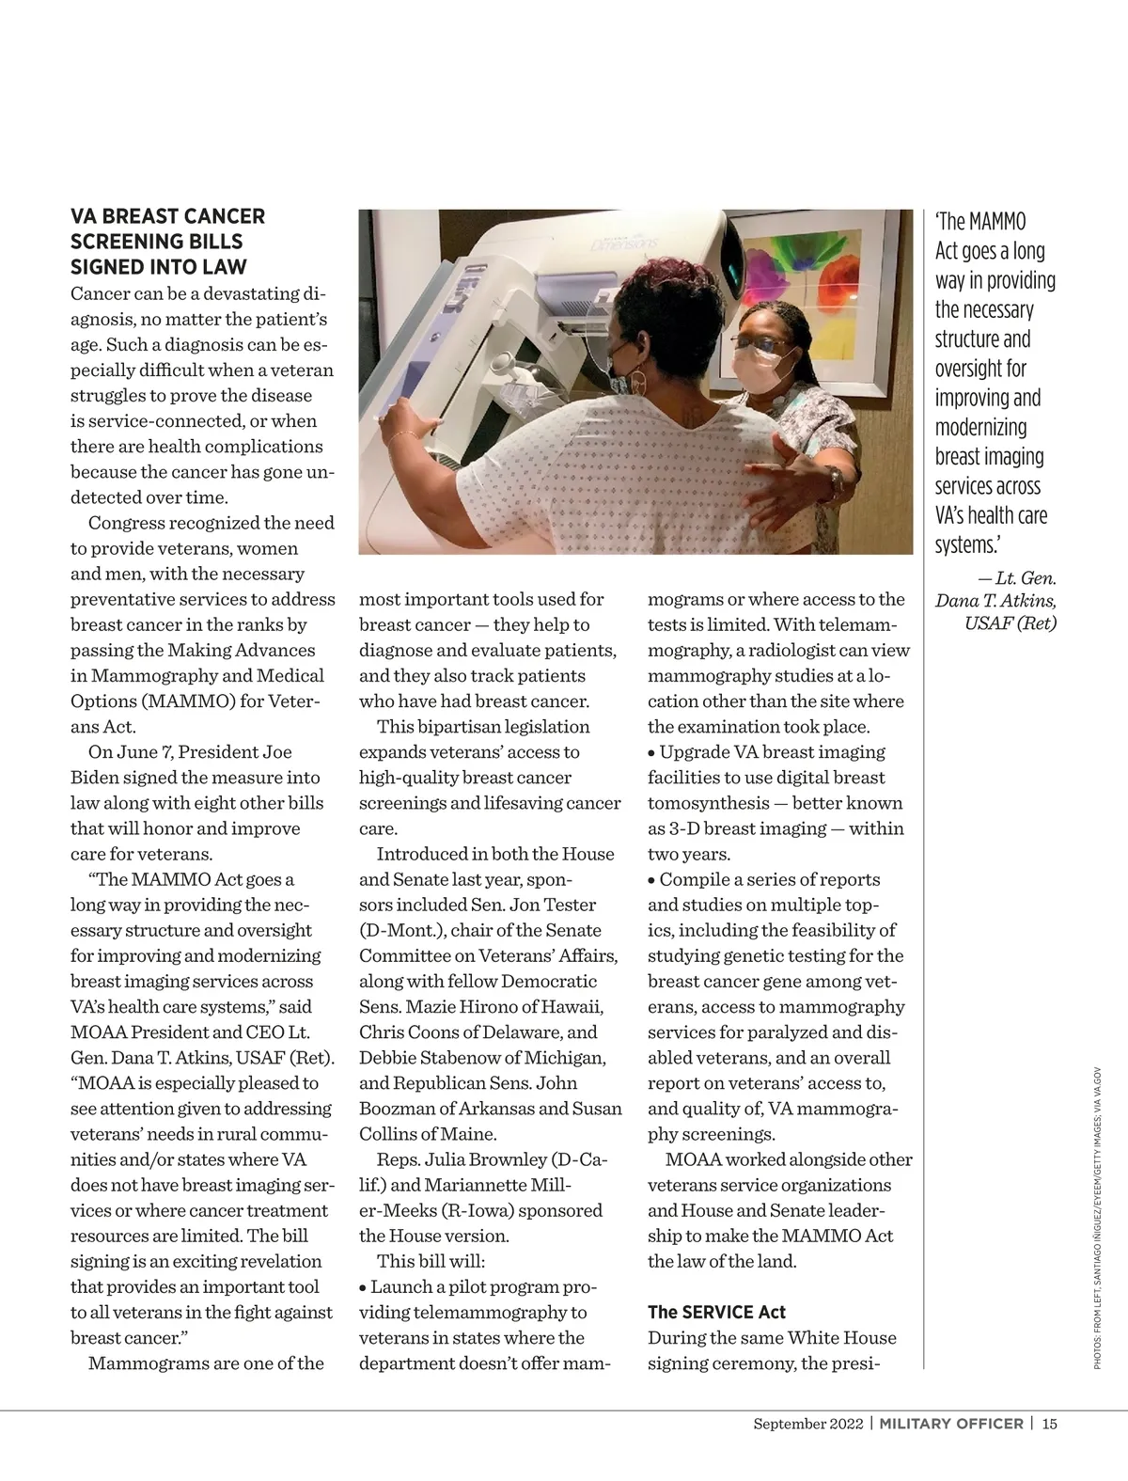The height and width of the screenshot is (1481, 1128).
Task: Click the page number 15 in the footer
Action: coord(1049,1423)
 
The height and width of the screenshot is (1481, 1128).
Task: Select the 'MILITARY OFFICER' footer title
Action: coord(950,1423)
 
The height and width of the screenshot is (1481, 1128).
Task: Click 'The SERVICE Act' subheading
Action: coord(716,1312)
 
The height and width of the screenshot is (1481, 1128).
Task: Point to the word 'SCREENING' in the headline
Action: coord(121,242)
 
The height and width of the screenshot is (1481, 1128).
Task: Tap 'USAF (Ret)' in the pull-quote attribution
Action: coord(1010,622)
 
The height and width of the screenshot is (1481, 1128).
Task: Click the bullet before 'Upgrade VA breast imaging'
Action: coord(652,753)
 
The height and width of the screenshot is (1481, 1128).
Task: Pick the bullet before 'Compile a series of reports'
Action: coord(652,880)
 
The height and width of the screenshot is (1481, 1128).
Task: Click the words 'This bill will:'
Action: coord(431,1261)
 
